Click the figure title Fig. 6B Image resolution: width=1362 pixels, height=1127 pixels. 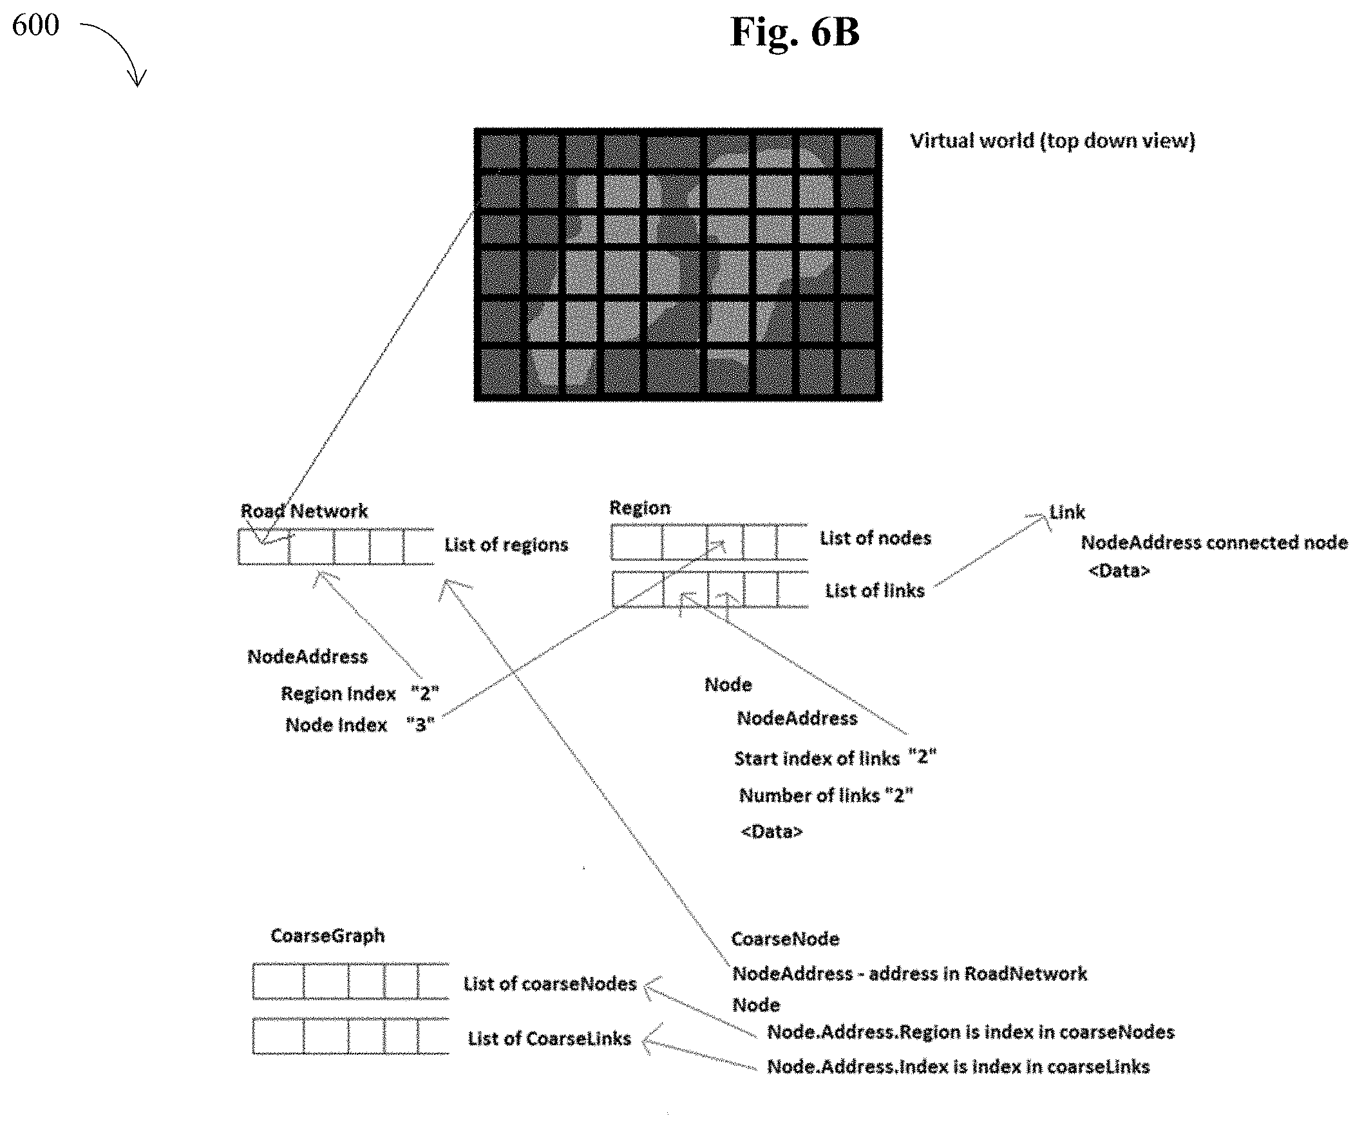(795, 32)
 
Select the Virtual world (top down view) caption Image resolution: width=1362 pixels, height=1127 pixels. (1053, 140)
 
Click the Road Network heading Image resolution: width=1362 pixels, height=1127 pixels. (304, 511)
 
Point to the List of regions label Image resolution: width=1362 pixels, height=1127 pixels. (506, 545)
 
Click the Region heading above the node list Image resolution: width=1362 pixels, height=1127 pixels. (639, 507)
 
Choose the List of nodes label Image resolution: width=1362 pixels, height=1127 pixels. (876, 538)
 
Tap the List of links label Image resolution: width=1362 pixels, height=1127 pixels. (875, 591)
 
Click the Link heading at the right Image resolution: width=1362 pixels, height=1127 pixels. (1067, 512)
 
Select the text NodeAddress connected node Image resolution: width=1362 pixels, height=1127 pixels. (1214, 542)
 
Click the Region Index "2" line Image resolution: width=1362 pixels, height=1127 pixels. (360, 694)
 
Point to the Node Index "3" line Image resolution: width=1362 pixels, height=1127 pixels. (360, 724)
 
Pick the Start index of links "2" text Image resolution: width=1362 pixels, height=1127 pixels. (835, 758)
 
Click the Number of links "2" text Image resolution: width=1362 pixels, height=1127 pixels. (826, 795)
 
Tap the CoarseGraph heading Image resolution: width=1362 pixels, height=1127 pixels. (328, 936)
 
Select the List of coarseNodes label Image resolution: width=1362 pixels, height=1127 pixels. (550, 983)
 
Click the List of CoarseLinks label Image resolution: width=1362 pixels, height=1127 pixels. (549, 1039)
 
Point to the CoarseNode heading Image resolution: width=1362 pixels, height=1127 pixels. (786, 939)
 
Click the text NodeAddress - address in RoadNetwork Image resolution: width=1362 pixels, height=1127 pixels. (910, 973)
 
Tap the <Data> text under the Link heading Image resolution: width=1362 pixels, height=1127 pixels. (1119, 571)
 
